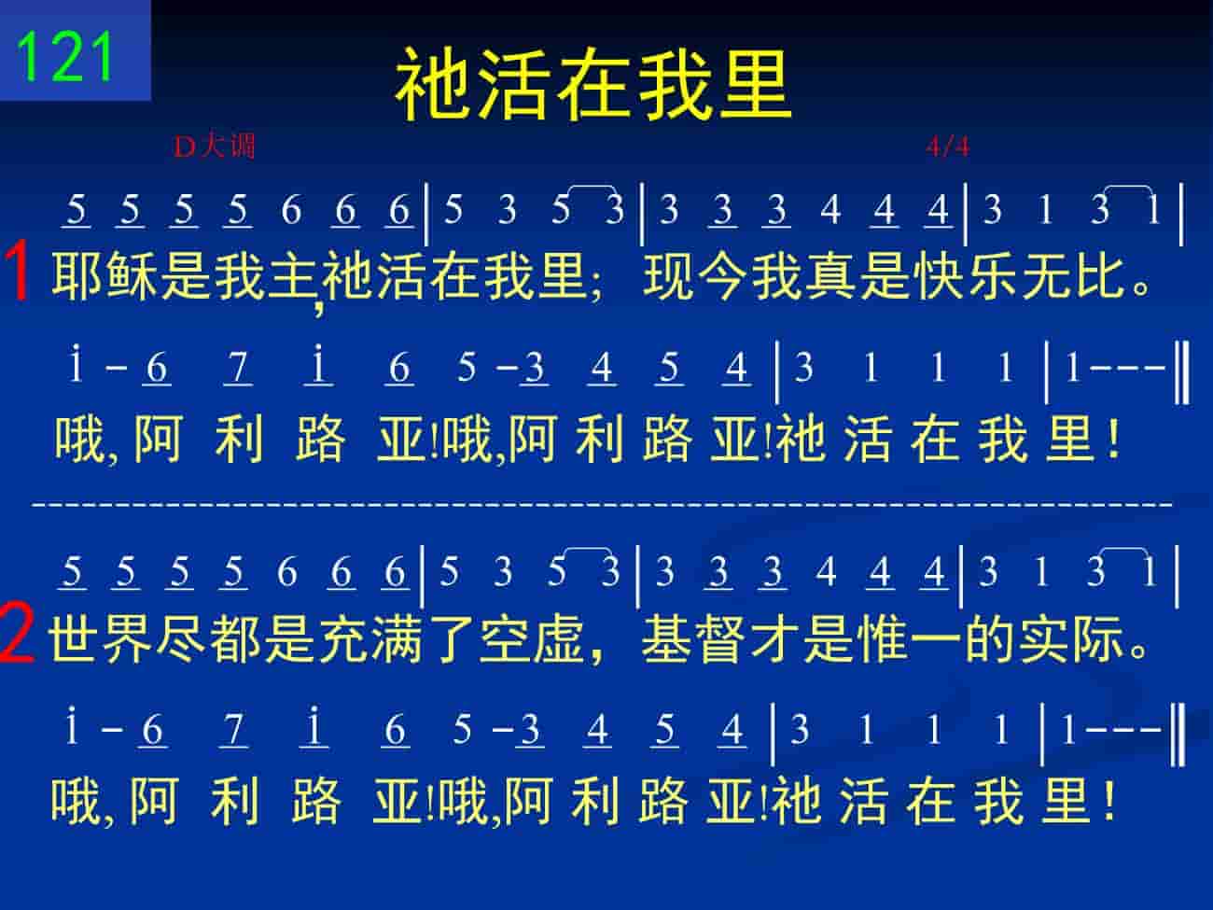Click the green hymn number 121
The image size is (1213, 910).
pyautogui.click(x=65, y=58)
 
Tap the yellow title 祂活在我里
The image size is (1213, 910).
pyautogui.click(x=593, y=83)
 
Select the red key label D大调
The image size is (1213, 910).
pyautogui.click(x=215, y=147)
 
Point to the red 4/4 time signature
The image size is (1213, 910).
pyautogui.click(x=947, y=147)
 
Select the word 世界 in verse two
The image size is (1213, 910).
pyautogui.click(x=101, y=638)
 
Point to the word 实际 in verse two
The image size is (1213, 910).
pyautogui.click(x=1071, y=638)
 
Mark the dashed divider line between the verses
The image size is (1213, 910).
pyautogui.click(x=603, y=503)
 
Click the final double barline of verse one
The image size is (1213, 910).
pyautogui.click(x=1181, y=373)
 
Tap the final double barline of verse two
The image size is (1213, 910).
pyautogui.click(x=1178, y=735)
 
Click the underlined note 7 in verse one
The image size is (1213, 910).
pyautogui.click(x=238, y=369)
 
